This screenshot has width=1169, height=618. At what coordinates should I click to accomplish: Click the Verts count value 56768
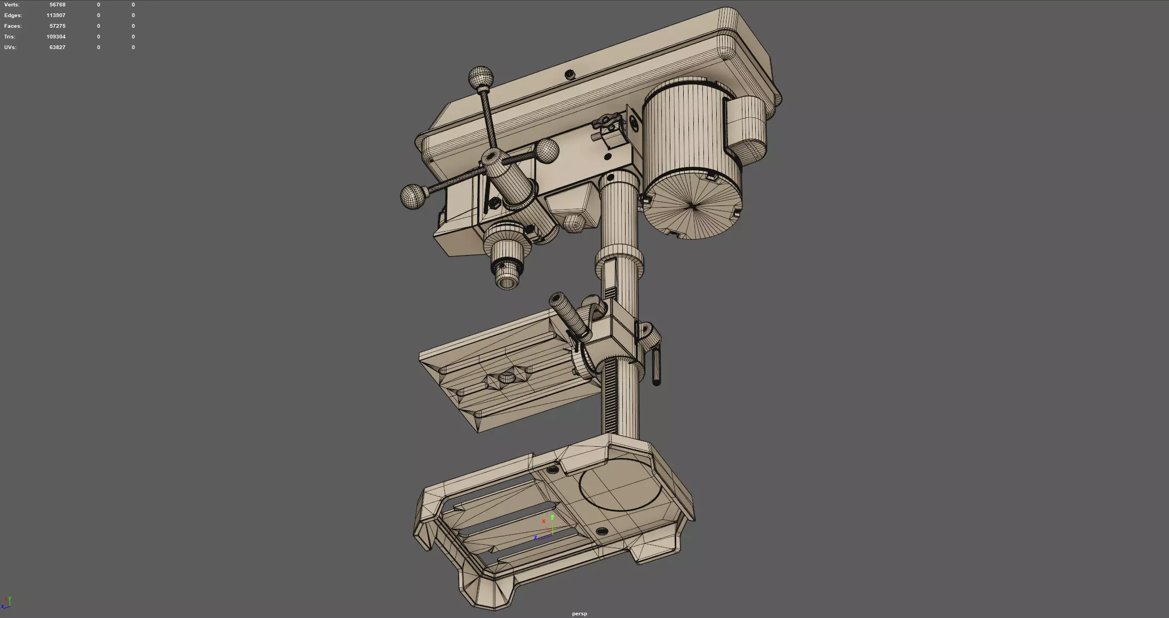tap(57, 5)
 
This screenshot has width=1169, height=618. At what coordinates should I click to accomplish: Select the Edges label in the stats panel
tap(13, 15)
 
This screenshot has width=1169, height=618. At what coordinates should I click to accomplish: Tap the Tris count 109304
tap(55, 37)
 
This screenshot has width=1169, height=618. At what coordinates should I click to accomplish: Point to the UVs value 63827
tap(57, 47)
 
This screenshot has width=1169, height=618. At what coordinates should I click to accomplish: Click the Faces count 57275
tap(57, 26)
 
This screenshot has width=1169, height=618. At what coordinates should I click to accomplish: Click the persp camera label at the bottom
tap(579, 614)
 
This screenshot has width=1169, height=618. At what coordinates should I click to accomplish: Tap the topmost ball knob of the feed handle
tap(481, 78)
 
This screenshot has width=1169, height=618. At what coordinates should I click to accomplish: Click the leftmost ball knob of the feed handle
tap(414, 197)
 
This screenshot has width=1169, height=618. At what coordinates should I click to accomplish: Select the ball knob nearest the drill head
tap(547, 150)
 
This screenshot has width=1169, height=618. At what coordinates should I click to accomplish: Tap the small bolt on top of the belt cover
tap(570, 74)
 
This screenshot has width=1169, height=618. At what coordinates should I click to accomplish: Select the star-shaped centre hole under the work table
tap(507, 378)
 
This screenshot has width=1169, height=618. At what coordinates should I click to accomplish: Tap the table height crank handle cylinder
tap(570, 315)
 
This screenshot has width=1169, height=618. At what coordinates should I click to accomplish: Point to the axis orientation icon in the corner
tap(7, 603)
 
